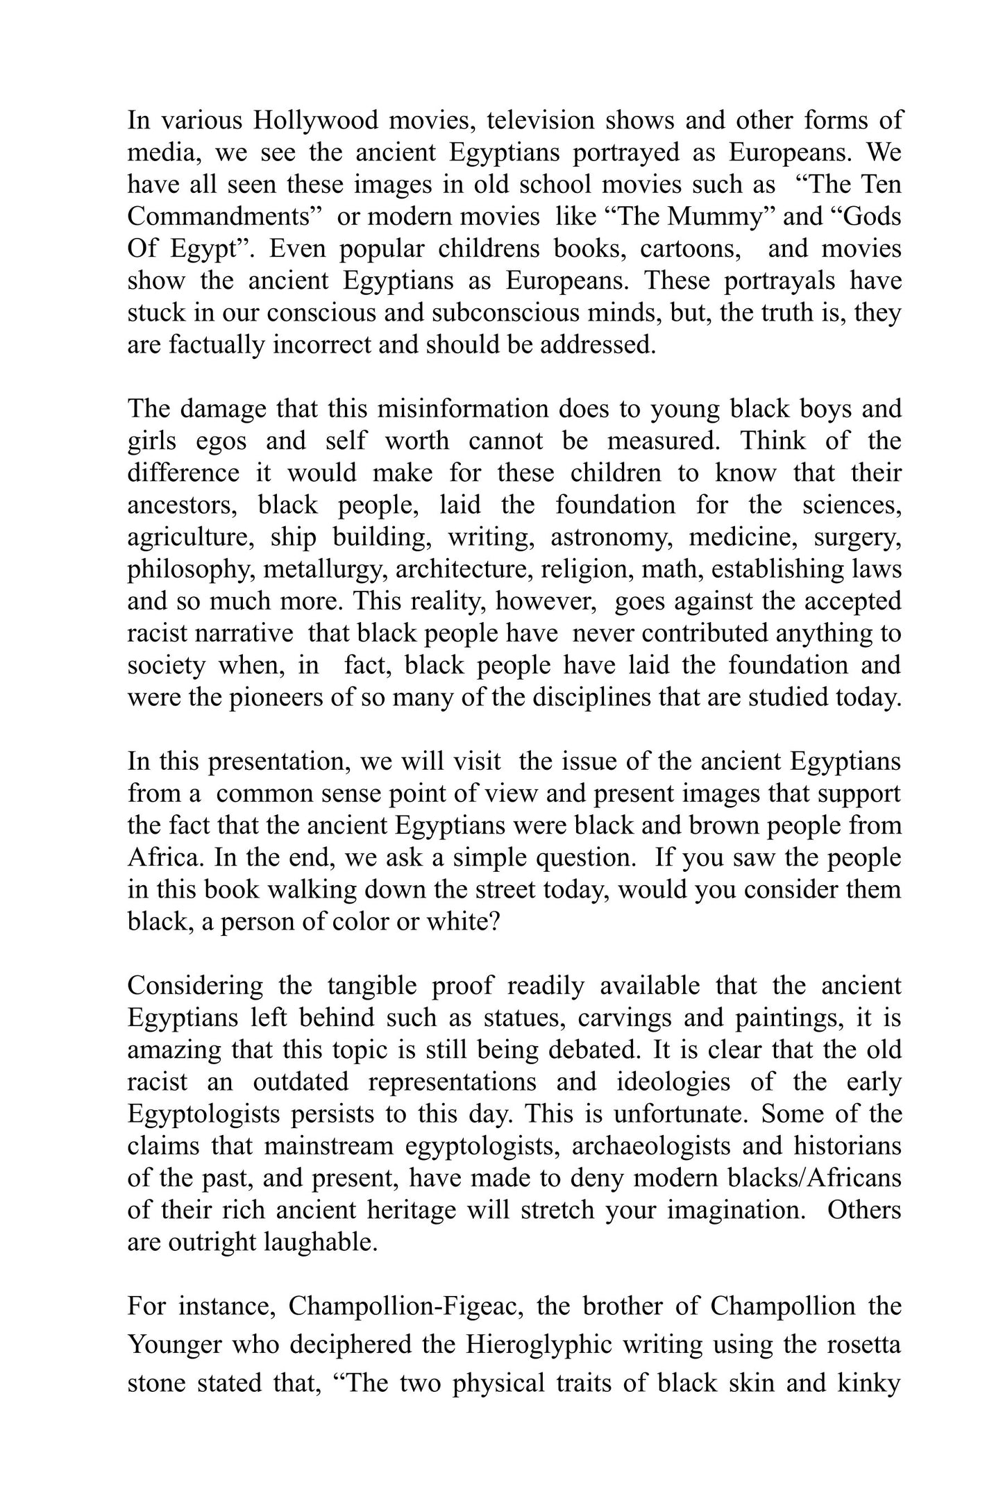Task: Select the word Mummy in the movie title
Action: tap(715, 217)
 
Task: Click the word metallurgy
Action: tap(318, 569)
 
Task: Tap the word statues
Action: tap(520, 1018)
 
